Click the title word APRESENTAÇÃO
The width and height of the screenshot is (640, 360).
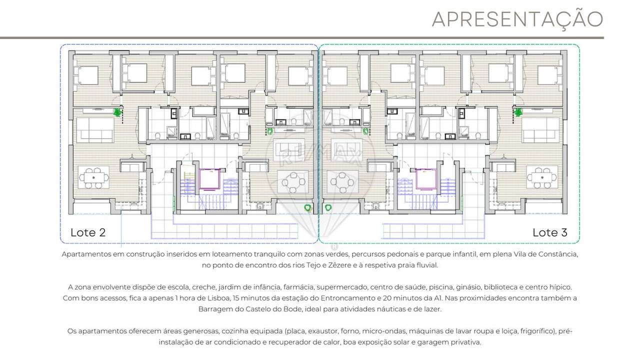517,19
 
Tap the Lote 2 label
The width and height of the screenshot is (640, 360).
88,232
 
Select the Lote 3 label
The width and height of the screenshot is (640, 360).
550,232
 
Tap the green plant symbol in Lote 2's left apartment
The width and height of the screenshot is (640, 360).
118,113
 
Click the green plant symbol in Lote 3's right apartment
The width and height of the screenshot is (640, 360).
518,113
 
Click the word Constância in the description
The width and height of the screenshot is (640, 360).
557,254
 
